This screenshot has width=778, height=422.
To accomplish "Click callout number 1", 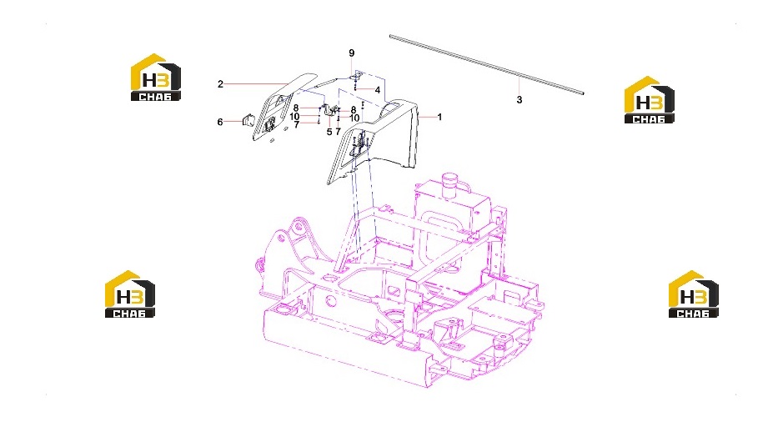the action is [x=439, y=117].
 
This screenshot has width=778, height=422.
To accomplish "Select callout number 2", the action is [x=220, y=84].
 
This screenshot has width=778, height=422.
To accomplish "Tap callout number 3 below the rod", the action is [x=519, y=100].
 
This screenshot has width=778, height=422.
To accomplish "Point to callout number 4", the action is [x=378, y=90].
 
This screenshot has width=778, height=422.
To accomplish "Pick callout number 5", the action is [x=329, y=132].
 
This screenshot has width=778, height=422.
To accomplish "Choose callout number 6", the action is [x=220, y=122].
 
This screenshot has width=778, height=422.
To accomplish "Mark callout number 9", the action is [x=352, y=53].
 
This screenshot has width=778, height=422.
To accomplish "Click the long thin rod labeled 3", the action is [x=486, y=64].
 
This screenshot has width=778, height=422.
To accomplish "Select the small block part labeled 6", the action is [x=248, y=120].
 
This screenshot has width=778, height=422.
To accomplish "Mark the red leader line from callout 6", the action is [x=233, y=122].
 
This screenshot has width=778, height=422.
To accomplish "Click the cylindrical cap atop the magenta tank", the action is [x=450, y=182].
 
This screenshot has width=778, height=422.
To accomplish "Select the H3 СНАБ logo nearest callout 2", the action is [x=155, y=77].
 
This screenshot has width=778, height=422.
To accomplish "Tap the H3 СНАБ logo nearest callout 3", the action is [x=649, y=100].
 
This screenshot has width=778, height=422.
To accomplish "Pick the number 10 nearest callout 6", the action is [x=294, y=117].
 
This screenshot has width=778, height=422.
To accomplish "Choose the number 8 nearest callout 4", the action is [x=354, y=110].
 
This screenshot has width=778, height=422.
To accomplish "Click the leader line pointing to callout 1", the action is [x=427, y=117].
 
